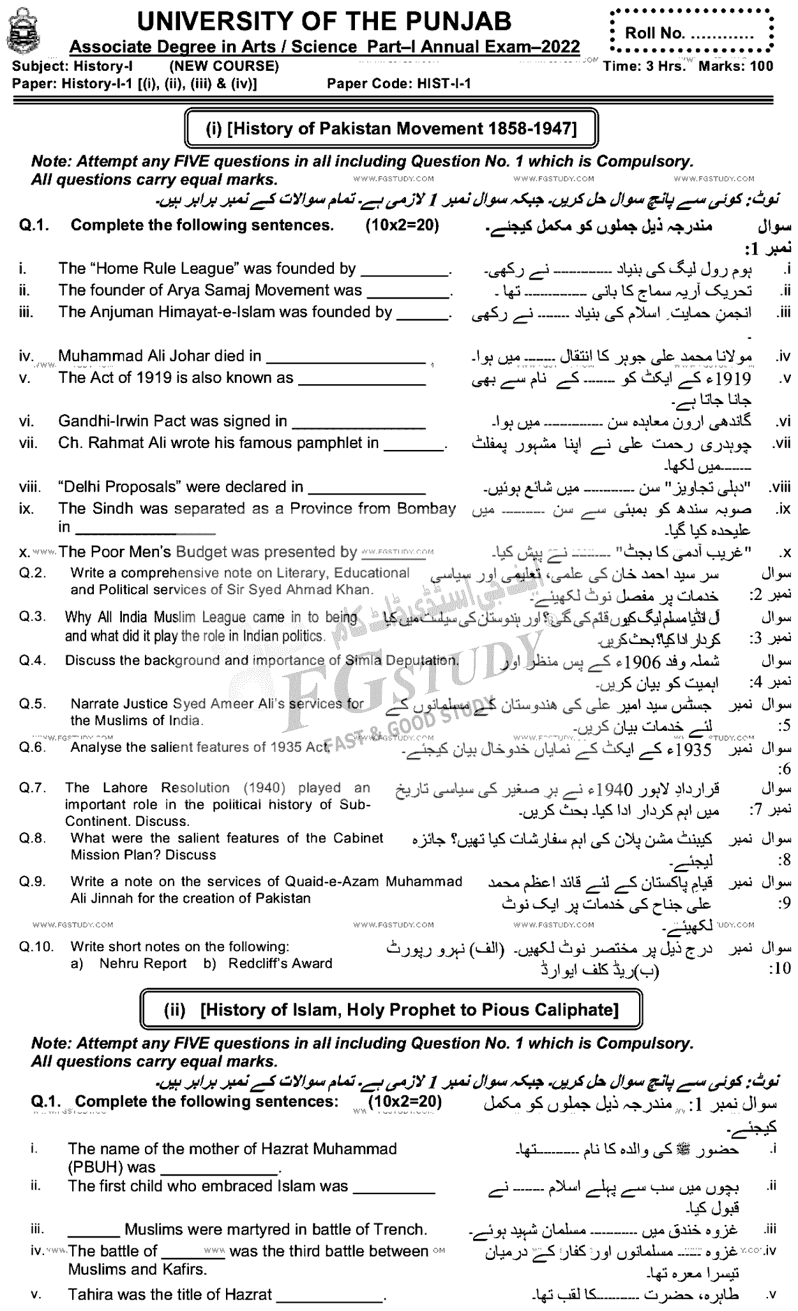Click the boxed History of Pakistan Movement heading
tap(391, 128)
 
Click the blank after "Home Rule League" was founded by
tap(404, 270)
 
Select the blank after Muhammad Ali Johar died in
tap(345, 357)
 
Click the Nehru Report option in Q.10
tap(143, 964)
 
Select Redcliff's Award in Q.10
tap(280, 964)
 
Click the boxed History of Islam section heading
tap(391, 1010)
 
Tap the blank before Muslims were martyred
tap(94, 1229)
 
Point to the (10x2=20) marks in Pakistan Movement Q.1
tap(402, 225)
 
